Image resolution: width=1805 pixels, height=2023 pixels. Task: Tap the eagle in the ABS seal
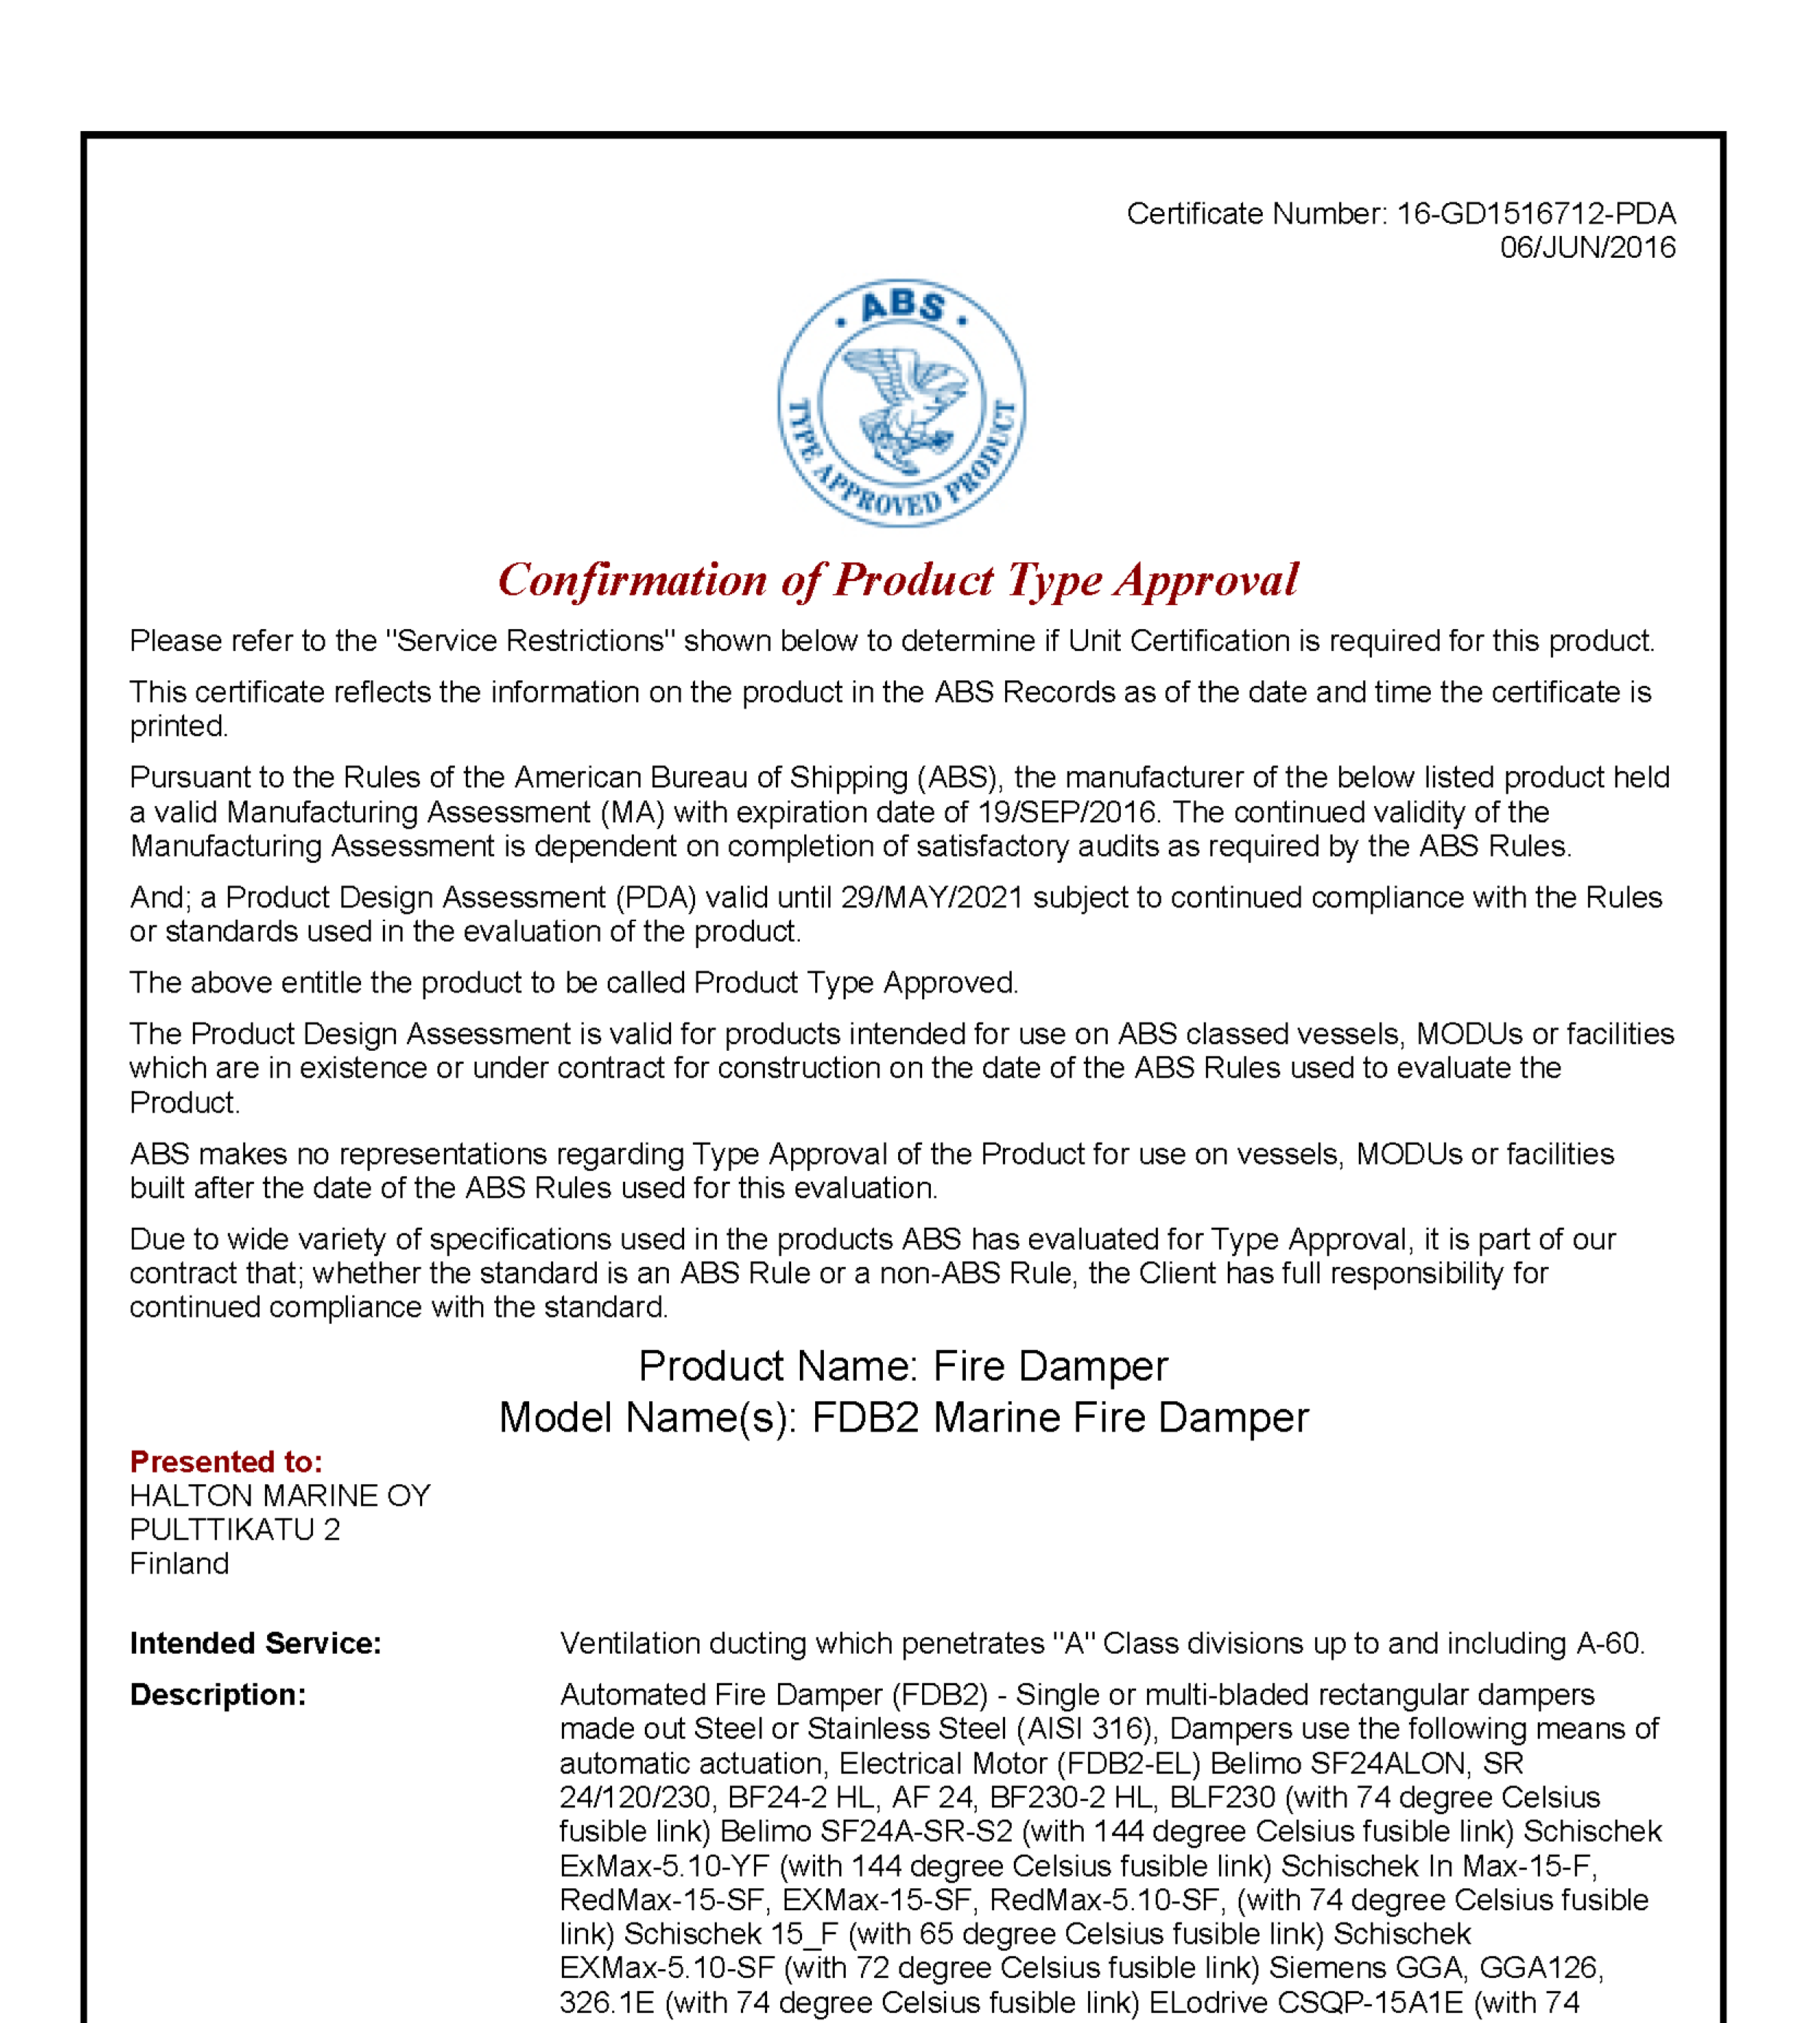point(902,407)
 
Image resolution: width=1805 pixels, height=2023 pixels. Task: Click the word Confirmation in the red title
point(632,580)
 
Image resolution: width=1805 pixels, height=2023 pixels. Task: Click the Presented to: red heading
point(226,1462)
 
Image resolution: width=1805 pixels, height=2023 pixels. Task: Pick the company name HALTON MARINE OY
point(279,1495)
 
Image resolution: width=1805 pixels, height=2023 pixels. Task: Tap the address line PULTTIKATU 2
point(234,1529)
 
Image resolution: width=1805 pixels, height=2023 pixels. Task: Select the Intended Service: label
point(255,1644)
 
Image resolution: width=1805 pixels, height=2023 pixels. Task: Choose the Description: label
point(217,1695)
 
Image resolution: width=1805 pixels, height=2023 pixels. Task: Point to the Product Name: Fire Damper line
point(902,1367)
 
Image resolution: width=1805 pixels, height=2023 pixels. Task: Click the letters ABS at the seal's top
point(902,306)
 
